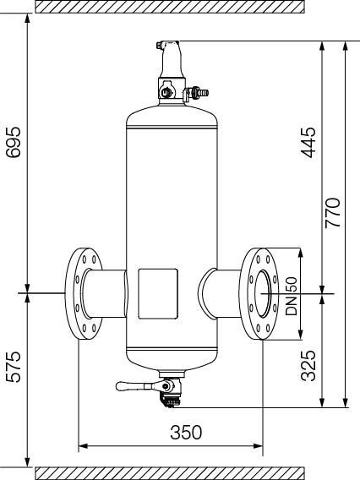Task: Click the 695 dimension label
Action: (x=14, y=142)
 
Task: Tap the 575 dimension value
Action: (x=14, y=367)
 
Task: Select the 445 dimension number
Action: (x=308, y=142)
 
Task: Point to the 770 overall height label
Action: (x=333, y=213)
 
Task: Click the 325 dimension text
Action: (x=308, y=366)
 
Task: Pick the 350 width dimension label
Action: (x=186, y=432)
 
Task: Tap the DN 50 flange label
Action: (x=291, y=296)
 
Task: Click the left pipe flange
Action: (x=84, y=293)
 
